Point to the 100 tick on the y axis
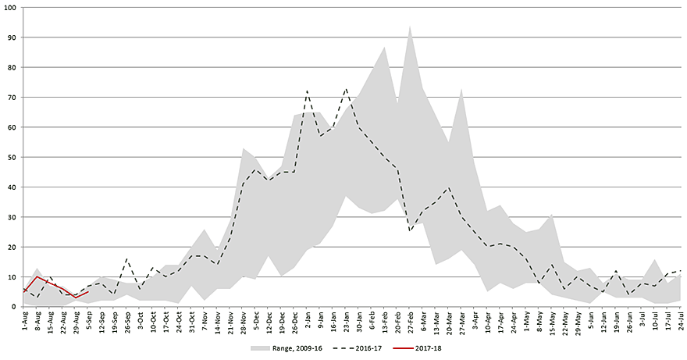point(13,8)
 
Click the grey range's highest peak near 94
point(410,26)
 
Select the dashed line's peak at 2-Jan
point(307,91)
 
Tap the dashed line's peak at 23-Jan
point(346,88)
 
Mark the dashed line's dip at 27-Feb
point(410,231)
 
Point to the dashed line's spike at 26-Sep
point(126,258)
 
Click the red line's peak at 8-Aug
point(37,276)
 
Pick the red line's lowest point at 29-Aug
point(75,298)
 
